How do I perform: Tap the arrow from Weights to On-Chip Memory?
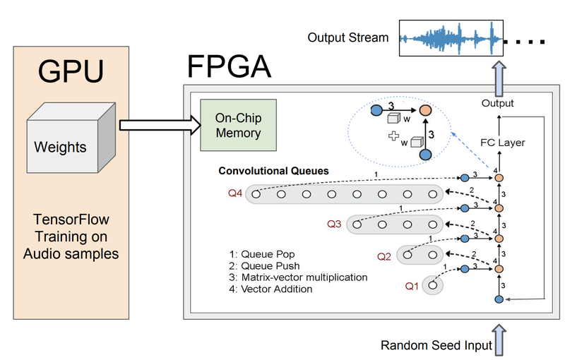(155, 126)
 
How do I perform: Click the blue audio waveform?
(451, 37)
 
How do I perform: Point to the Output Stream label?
(347, 37)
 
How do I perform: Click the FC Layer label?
(503, 142)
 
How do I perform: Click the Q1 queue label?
(412, 286)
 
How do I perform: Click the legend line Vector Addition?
(266, 289)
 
